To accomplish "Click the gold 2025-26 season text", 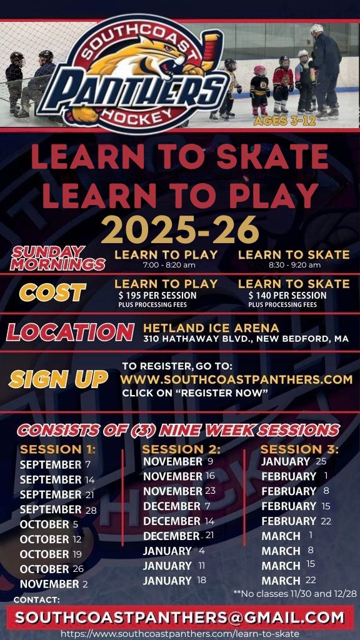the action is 180,229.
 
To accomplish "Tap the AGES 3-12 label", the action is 285,121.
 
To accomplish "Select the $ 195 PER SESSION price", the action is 157,295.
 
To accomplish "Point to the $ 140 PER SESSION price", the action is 287,295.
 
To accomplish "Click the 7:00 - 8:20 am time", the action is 169,265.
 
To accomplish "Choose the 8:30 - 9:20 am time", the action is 294,265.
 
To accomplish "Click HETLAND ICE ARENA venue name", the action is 211,327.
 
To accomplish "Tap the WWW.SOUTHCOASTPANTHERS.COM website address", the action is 236,379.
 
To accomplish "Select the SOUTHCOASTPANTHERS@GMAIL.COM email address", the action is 179,617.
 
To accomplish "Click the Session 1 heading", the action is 57,449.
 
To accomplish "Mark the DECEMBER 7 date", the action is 177,506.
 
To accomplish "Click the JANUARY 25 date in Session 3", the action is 294,462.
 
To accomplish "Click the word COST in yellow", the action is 52,292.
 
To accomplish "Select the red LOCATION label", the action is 70,332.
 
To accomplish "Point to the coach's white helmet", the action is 316,29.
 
